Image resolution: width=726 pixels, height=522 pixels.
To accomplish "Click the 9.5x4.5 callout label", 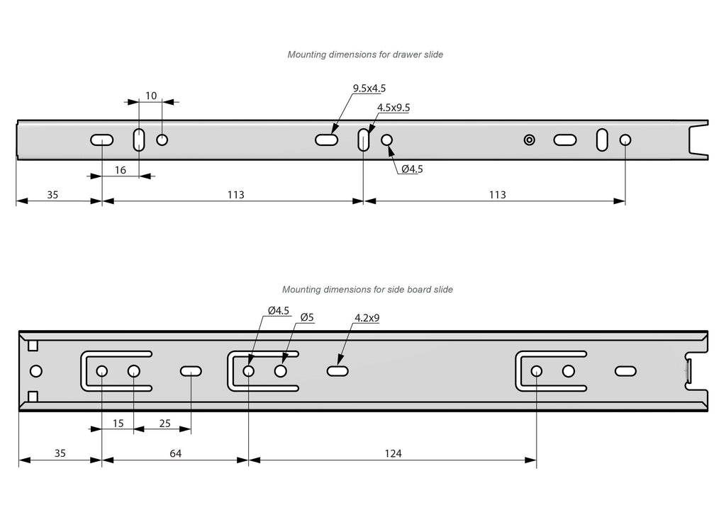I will pyautogui.click(x=369, y=89).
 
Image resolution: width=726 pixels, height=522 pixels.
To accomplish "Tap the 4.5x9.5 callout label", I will pyautogui.click(x=393, y=108).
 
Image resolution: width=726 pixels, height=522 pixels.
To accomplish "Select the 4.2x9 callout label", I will pyautogui.click(x=367, y=318).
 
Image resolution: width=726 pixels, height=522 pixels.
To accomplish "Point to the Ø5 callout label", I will pyautogui.click(x=307, y=317).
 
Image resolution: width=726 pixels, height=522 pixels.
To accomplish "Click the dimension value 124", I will pyautogui.click(x=394, y=454).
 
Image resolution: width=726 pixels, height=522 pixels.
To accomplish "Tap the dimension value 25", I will pyautogui.click(x=164, y=424).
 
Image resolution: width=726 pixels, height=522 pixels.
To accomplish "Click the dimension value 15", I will pyautogui.click(x=118, y=424).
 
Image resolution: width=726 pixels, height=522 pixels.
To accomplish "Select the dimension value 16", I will pyautogui.click(x=120, y=170).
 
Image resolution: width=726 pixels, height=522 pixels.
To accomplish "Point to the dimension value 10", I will pyautogui.click(x=151, y=96).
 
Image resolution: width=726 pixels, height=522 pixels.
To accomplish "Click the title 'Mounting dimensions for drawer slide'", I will pyautogui.click(x=365, y=55).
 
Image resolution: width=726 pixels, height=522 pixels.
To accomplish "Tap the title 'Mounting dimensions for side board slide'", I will pyautogui.click(x=367, y=290).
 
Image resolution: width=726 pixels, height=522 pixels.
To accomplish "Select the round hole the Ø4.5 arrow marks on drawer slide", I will pyautogui.click(x=387, y=140).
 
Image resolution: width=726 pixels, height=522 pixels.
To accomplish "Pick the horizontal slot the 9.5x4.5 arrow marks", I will pyautogui.click(x=326, y=140).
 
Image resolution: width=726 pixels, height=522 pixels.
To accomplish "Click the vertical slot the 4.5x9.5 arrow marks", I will pyautogui.click(x=364, y=140).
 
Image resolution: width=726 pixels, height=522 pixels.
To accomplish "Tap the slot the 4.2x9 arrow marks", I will pyautogui.click(x=337, y=370).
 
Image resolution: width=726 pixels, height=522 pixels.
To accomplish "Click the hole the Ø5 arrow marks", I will pyautogui.click(x=281, y=370).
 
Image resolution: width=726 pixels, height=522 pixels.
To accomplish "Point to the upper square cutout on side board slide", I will pyautogui.click(x=33, y=346).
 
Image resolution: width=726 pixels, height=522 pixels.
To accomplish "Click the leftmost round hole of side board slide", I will pyautogui.click(x=36, y=370).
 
